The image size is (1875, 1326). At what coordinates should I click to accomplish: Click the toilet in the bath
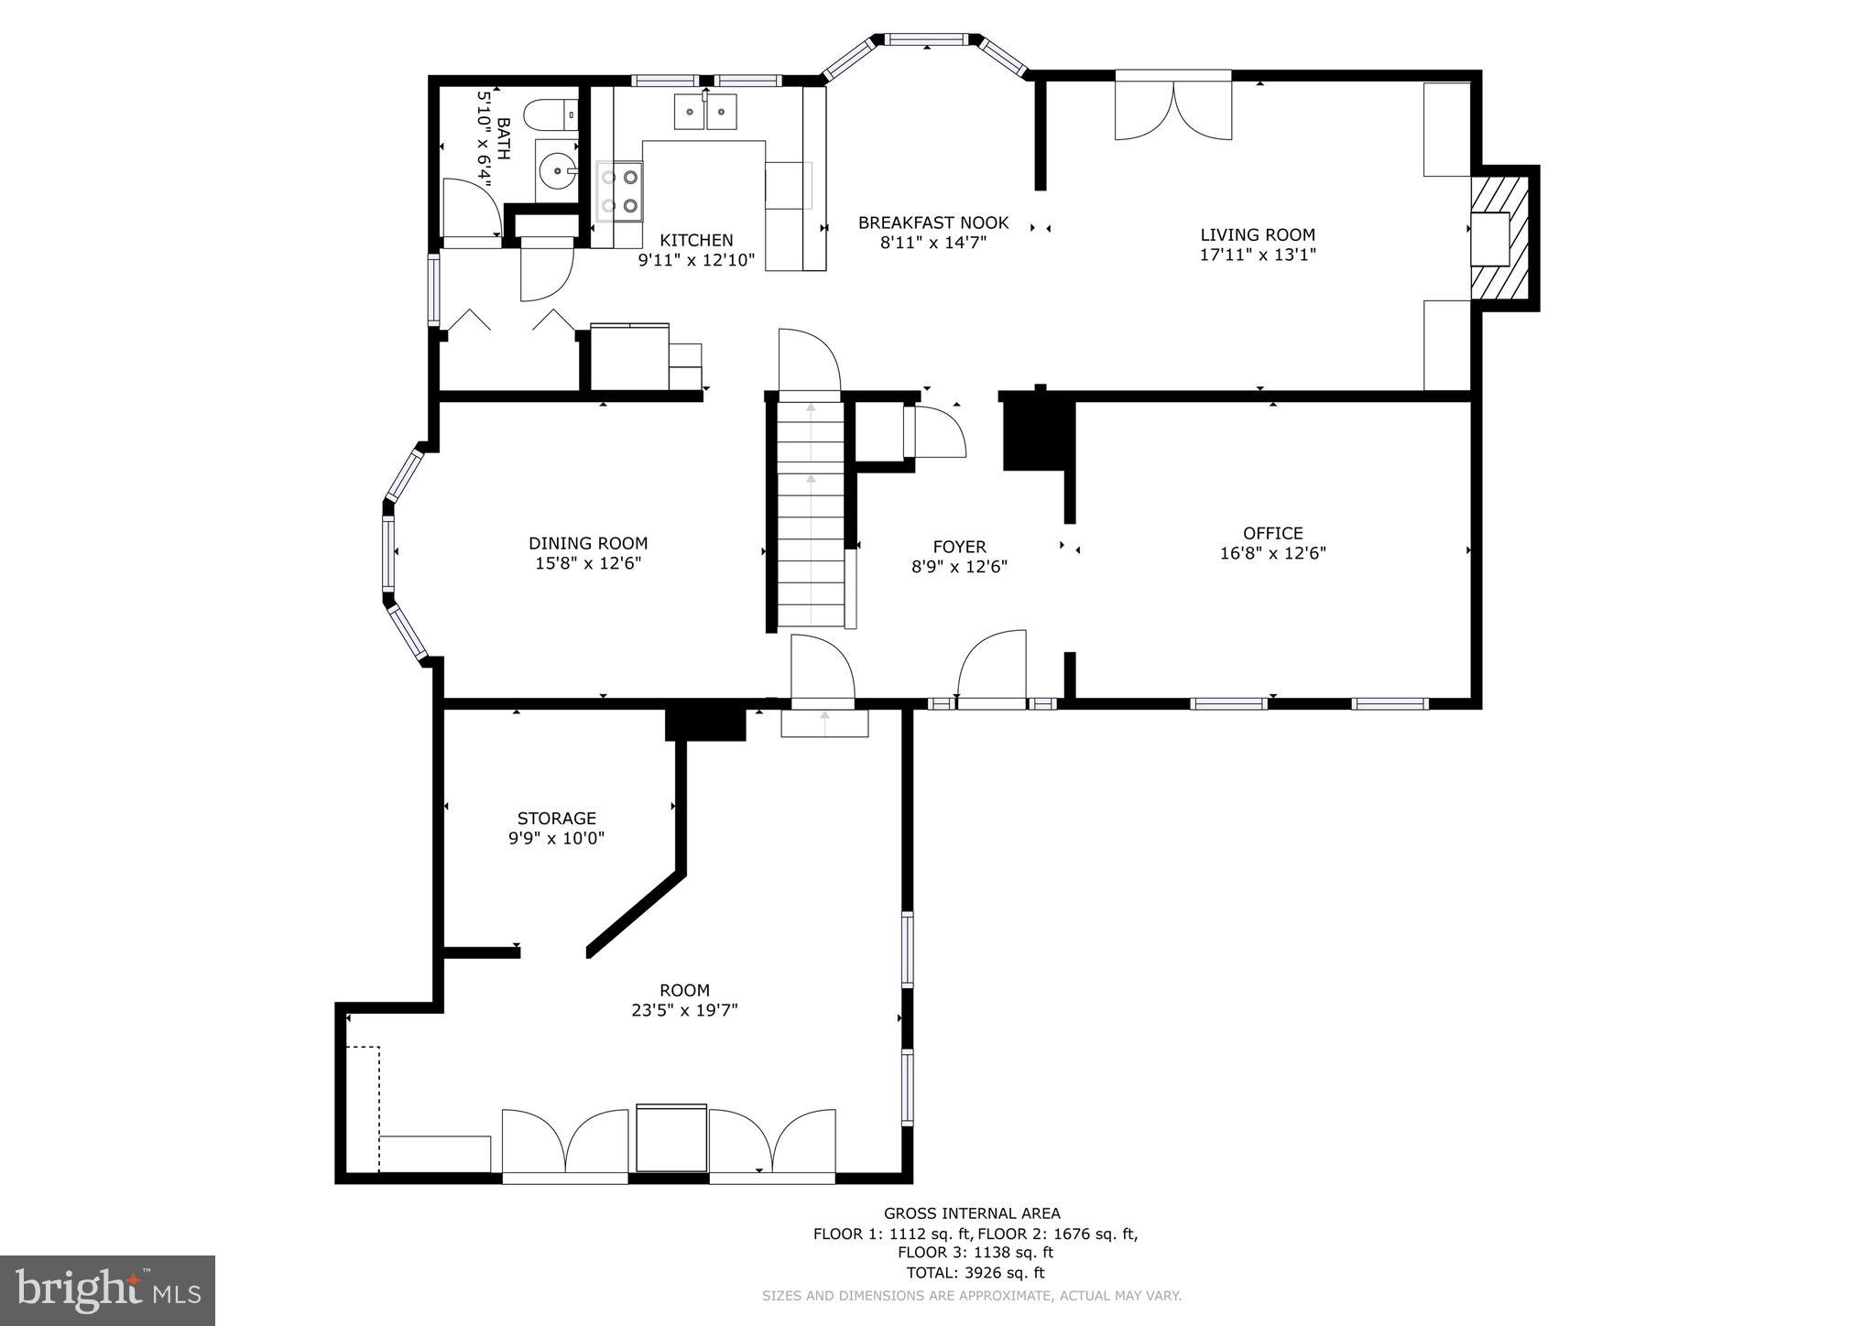[551, 115]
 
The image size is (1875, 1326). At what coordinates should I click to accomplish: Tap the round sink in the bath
[556, 169]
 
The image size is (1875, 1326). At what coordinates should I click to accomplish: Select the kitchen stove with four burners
[620, 190]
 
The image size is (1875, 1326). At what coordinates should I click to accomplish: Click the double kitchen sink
[705, 112]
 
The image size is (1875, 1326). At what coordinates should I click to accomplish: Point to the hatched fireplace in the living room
[1501, 238]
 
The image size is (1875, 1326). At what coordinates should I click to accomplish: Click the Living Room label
[1257, 234]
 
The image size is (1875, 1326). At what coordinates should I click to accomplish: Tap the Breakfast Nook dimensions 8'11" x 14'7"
[932, 243]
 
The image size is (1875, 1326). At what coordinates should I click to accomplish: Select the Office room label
[1272, 533]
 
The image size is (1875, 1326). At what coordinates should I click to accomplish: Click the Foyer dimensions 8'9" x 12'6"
[959, 567]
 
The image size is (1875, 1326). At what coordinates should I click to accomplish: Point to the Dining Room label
[587, 543]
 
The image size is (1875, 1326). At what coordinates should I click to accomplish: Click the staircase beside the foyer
[811, 513]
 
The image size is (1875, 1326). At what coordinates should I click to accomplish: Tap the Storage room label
[556, 818]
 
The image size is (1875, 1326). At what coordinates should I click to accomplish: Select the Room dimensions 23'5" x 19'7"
[684, 1010]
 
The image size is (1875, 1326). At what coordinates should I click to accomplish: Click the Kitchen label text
[696, 240]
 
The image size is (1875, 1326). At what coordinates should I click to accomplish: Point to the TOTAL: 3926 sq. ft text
[975, 1272]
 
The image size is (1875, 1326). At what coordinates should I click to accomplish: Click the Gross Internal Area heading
[971, 1213]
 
